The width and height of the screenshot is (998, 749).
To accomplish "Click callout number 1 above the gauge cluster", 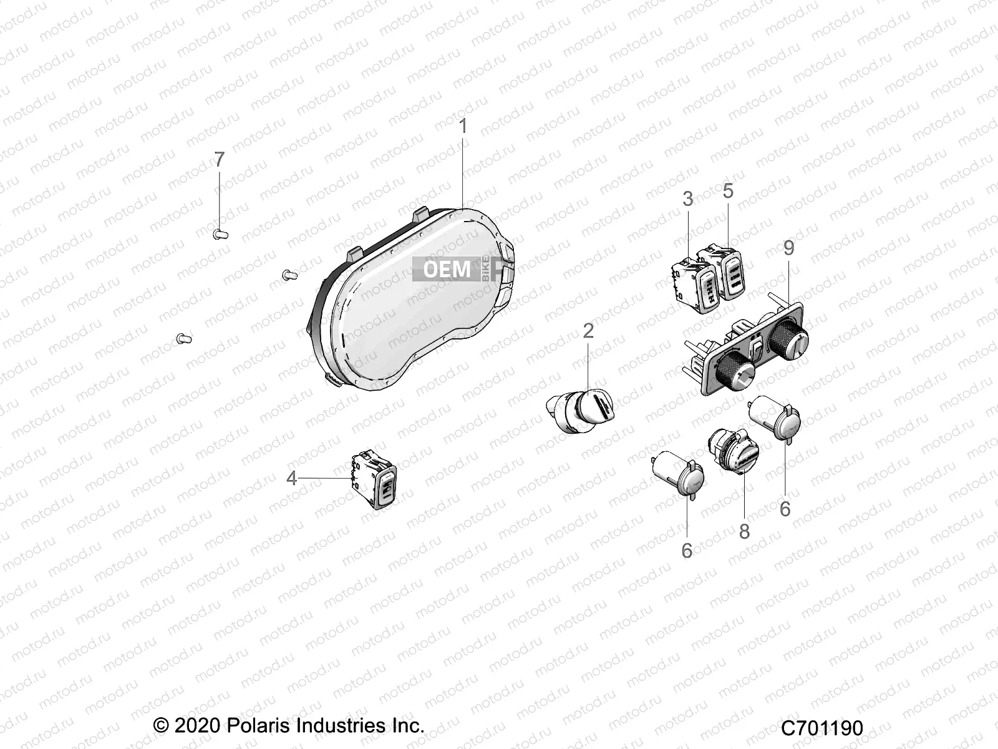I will [x=463, y=127].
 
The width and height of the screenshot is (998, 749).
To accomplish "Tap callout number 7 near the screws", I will [x=219, y=160].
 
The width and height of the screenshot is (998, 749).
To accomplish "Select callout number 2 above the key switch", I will [x=588, y=331].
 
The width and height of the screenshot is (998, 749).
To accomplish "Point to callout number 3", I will [x=688, y=199].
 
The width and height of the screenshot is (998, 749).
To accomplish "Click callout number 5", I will [x=729, y=191].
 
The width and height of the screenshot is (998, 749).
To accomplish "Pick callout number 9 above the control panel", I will [x=789, y=248].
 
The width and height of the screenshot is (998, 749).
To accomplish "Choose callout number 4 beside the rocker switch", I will [x=291, y=478].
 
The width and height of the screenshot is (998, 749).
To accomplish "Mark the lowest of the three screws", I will [x=184, y=338].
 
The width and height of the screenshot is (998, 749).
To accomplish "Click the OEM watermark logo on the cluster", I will [x=447, y=269].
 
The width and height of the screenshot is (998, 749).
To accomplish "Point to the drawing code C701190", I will [x=822, y=728].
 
